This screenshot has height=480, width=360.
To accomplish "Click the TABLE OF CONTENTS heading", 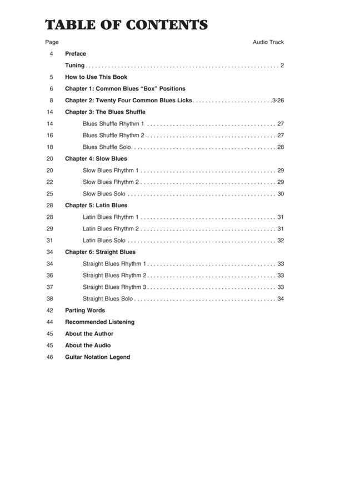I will [x=126, y=25].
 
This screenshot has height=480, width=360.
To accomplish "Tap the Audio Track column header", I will [x=268, y=42].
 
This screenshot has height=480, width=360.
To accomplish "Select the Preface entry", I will [x=76, y=54].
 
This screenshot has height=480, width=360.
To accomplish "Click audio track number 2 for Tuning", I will [x=282, y=66].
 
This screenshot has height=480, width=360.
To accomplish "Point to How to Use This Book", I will [x=96, y=77].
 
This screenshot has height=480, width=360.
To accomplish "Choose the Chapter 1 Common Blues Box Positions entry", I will [x=125, y=89].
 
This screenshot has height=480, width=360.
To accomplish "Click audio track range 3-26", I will [x=278, y=101].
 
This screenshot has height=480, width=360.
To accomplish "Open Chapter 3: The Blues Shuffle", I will [x=105, y=112].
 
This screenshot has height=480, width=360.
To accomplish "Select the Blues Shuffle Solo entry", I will [x=107, y=147].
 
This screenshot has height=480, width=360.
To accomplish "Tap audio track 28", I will [x=281, y=147].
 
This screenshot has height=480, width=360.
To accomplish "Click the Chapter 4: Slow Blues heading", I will [x=96, y=159].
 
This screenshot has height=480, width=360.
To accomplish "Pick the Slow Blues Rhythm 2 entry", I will [x=111, y=182].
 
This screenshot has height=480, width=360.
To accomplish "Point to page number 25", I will [x=50, y=194].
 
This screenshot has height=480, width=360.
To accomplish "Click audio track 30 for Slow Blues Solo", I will [x=281, y=194].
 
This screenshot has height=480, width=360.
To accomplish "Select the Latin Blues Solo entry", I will [x=104, y=241].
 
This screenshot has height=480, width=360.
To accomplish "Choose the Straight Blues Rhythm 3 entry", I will [x=114, y=287].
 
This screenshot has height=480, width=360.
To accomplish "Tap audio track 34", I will [x=281, y=299].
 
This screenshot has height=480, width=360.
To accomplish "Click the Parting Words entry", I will [x=85, y=311].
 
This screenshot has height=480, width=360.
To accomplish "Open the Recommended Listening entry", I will [x=99, y=322].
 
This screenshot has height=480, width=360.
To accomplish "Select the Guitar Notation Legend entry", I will [x=97, y=357].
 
